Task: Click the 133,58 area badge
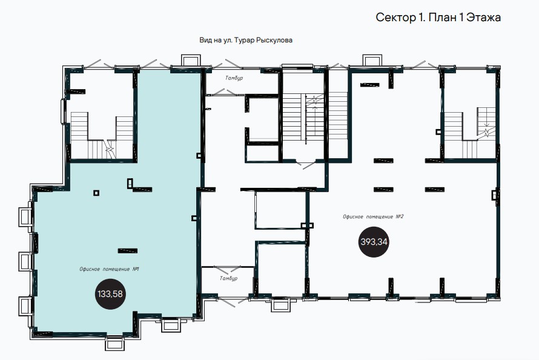(x=110, y=294)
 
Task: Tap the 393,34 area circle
(x=374, y=242)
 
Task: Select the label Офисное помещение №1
(x=109, y=269)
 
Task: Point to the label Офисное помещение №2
(x=373, y=216)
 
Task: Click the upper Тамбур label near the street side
(x=234, y=78)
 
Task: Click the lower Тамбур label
(x=228, y=278)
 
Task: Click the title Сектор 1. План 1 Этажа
(x=438, y=17)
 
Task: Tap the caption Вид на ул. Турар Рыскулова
(x=246, y=40)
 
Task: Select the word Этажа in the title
(x=483, y=17)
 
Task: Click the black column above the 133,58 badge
(x=128, y=251)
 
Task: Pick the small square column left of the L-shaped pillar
(x=96, y=193)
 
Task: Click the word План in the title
(x=443, y=17)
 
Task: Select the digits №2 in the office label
(x=400, y=216)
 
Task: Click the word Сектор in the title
(x=395, y=17)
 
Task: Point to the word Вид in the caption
(x=205, y=40)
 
